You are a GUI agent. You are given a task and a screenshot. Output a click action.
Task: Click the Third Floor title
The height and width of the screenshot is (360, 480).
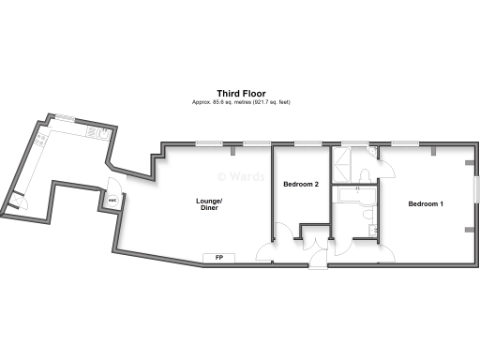pyautogui.click(x=242, y=93)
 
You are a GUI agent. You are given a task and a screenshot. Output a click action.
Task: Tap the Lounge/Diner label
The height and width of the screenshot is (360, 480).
pyautogui.click(x=209, y=203)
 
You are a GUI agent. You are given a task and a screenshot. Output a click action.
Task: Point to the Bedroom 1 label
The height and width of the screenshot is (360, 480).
pyautogui.click(x=426, y=203)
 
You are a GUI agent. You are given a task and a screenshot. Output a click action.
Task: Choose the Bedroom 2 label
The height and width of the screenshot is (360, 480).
pyautogui.click(x=302, y=184)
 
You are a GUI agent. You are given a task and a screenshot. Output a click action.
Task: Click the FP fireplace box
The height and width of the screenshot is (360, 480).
pyautogui.click(x=218, y=257)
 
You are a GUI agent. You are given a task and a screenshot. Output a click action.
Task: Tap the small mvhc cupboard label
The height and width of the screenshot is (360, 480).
pyautogui.click(x=112, y=200)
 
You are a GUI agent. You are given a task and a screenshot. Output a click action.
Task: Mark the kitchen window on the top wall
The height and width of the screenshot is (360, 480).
pyautogui.click(x=65, y=117)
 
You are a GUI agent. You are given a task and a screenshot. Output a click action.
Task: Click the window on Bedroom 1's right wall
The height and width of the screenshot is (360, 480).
pyautogui.click(x=476, y=183)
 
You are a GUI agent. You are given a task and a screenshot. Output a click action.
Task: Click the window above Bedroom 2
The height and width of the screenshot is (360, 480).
pyautogui.click(x=305, y=143)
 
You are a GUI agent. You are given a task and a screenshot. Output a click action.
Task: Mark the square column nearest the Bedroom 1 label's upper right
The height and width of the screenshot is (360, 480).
pyautogui.click(x=432, y=150)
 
